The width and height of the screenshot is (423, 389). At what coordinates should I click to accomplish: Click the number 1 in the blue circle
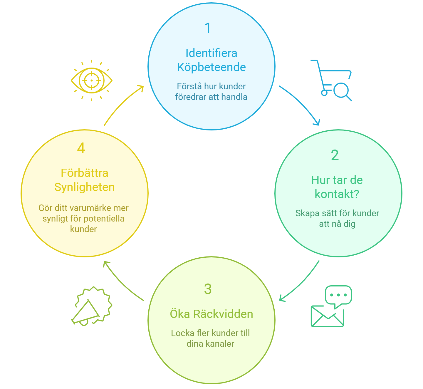point(208,28)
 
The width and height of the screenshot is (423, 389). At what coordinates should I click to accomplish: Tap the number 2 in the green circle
point(335,155)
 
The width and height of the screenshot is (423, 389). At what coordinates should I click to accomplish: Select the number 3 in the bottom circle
point(208,289)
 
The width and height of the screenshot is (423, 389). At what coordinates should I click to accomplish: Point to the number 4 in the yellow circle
point(81,148)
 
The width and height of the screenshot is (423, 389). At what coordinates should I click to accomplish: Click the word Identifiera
point(211,53)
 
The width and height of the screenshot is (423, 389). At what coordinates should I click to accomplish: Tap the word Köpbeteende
point(211,67)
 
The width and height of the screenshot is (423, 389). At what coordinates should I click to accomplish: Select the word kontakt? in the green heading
point(337,194)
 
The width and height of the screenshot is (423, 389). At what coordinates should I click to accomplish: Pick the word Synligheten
point(84,187)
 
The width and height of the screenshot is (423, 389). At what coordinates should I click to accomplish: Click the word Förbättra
point(84,173)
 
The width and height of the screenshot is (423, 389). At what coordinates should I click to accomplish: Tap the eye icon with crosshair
point(92,80)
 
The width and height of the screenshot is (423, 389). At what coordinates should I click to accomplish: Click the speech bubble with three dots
point(338,295)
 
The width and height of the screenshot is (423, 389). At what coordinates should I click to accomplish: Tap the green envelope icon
point(326,317)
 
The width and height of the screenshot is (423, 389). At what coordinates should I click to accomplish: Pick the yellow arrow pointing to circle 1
point(122,104)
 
